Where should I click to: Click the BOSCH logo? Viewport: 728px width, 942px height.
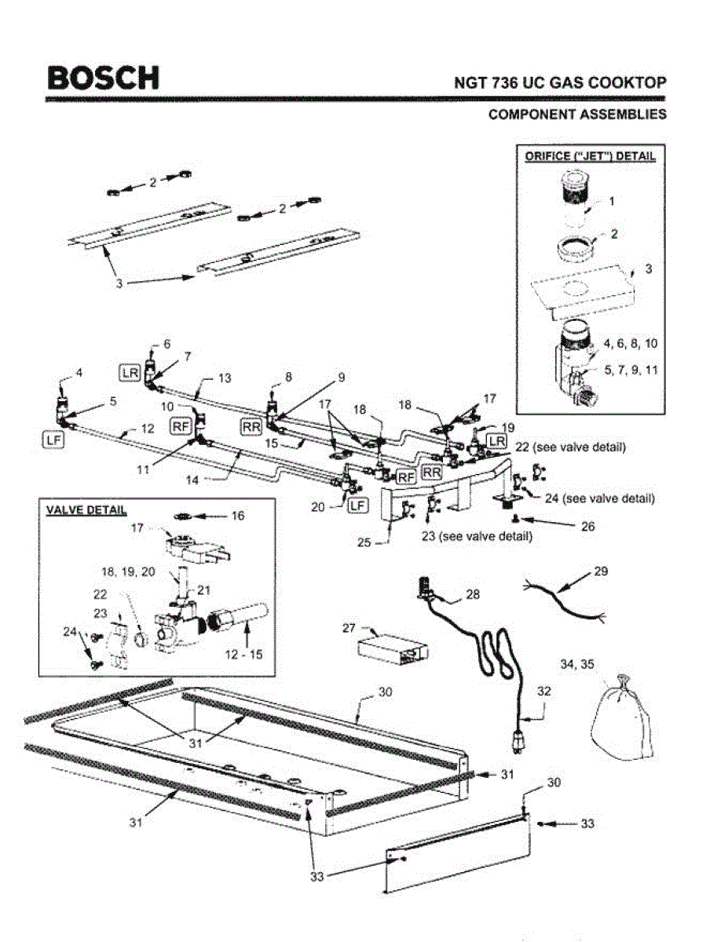(x=102, y=78)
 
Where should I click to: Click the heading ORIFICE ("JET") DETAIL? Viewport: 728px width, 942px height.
(x=590, y=156)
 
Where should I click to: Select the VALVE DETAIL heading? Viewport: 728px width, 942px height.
(x=83, y=510)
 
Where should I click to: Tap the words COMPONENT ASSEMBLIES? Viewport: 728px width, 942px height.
(x=577, y=115)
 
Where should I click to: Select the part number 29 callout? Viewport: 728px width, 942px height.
(x=600, y=571)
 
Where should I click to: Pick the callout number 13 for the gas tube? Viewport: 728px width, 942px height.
(x=225, y=378)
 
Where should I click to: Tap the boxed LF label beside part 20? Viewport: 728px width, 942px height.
(x=357, y=506)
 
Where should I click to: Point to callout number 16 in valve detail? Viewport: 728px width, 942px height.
(x=237, y=516)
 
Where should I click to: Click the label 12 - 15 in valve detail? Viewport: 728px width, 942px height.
(x=245, y=654)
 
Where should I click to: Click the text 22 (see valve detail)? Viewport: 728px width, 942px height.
(x=570, y=447)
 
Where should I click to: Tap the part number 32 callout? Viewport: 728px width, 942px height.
(x=543, y=692)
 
